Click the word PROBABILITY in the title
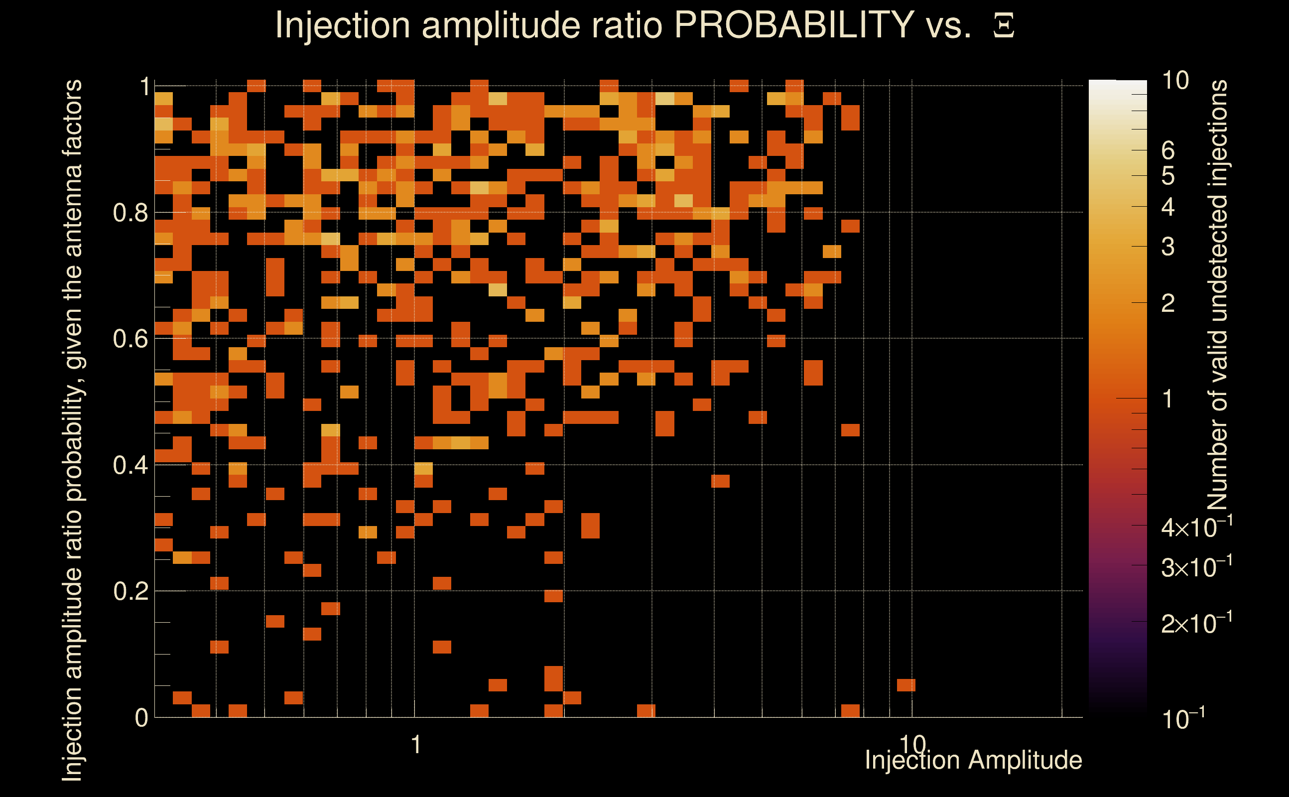(x=794, y=25)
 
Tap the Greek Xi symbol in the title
(x=1004, y=26)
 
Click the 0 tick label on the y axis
(x=141, y=718)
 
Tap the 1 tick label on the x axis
(x=416, y=745)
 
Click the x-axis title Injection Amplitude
(x=973, y=760)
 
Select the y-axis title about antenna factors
(x=72, y=429)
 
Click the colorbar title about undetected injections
(x=1217, y=295)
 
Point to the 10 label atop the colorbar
(x=1175, y=81)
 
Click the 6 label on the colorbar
(x=1168, y=151)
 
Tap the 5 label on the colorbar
(x=1168, y=176)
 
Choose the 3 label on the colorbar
(x=1168, y=247)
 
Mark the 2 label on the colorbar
(x=1168, y=303)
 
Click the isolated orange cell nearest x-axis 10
(x=906, y=685)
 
